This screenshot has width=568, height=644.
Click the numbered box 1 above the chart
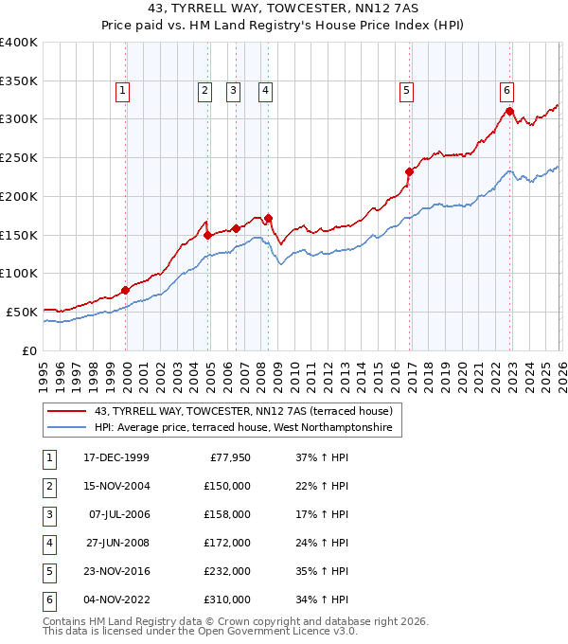point(124,91)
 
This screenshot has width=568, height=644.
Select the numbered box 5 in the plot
point(406,91)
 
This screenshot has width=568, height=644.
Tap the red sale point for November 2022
point(509,111)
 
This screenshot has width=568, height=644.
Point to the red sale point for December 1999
point(125,290)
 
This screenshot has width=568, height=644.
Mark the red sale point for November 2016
point(410,171)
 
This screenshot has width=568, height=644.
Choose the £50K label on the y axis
point(22,312)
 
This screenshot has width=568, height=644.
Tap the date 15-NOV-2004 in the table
point(115,486)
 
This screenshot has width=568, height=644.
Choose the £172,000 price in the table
point(227,543)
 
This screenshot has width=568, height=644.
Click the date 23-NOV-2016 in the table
point(115,571)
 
